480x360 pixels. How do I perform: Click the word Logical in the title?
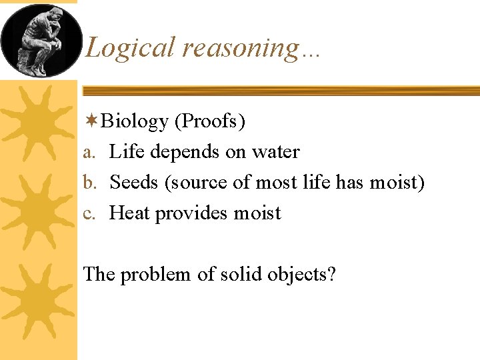click(x=130, y=48)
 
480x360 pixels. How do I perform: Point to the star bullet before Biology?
click(x=91, y=121)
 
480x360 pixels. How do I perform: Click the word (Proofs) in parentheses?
click(x=210, y=122)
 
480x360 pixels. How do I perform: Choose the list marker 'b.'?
click(x=91, y=183)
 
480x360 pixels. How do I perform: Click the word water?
click(x=275, y=153)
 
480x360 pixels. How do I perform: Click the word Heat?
click(x=129, y=213)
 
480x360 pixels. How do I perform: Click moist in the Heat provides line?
click(x=257, y=213)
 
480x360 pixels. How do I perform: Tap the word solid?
click(x=233, y=274)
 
